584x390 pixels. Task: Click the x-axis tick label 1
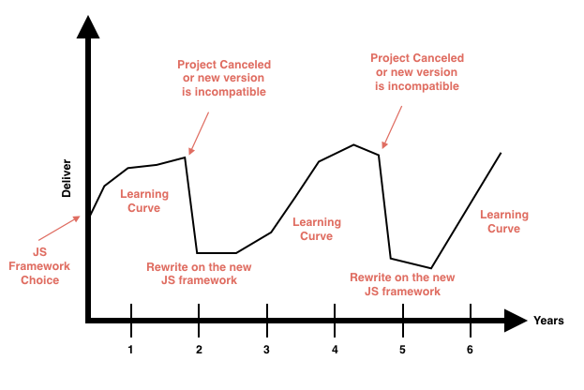tap(131, 350)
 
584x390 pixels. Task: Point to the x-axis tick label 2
tap(199, 350)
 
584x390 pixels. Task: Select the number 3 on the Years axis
tap(266, 350)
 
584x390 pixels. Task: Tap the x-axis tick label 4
tap(335, 350)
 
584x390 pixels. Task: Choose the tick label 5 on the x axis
tap(402, 350)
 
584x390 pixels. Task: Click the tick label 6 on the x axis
tap(470, 350)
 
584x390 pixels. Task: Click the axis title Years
tap(548, 321)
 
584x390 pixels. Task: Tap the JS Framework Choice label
tap(39, 266)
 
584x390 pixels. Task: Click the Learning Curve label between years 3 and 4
tap(317, 230)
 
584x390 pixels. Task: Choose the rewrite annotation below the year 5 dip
tap(402, 284)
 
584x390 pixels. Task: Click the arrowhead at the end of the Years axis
tap(517, 321)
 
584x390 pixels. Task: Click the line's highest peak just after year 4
tap(353, 145)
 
